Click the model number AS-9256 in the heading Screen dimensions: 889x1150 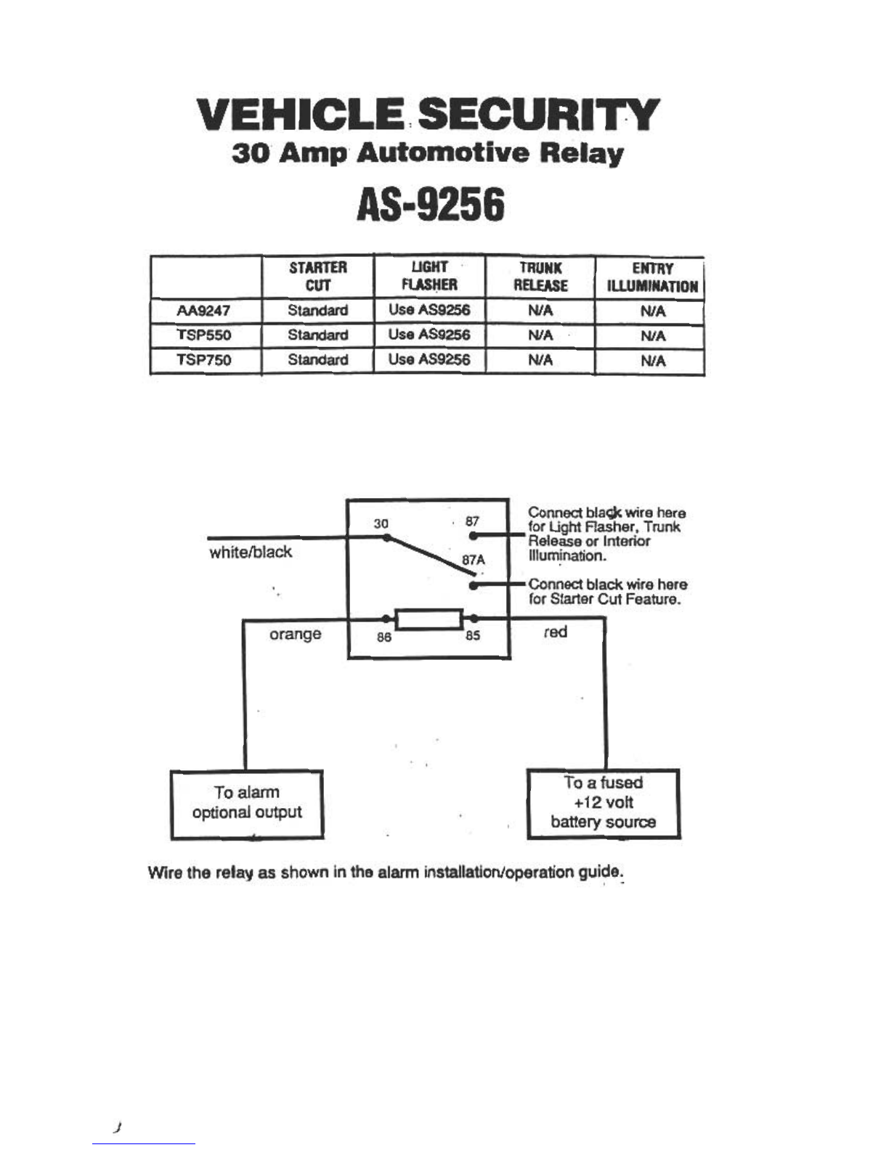point(431,206)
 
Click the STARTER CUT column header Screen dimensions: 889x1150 point(317,277)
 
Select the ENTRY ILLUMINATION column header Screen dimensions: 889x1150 point(652,277)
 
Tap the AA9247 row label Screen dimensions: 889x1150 point(203,311)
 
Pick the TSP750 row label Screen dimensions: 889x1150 point(203,360)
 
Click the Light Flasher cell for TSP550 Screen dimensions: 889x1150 point(429,335)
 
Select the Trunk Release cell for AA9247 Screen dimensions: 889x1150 point(540,311)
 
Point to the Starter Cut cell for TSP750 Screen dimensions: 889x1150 point(317,360)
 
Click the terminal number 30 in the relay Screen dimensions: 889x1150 point(381,524)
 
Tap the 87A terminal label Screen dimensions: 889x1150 point(474,560)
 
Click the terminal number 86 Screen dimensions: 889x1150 point(384,637)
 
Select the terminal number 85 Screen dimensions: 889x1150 point(472,635)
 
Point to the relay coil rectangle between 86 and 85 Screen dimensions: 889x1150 point(429,619)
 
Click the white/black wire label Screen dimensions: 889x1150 point(251,552)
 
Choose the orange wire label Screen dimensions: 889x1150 point(295,634)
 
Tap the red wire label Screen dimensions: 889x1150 point(556,632)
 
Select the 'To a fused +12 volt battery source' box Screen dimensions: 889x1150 point(603,804)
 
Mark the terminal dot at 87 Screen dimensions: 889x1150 point(474,536)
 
